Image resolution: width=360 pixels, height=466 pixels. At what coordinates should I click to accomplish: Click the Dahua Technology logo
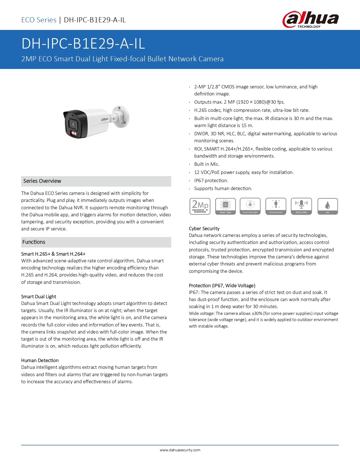click(x=310, y=19)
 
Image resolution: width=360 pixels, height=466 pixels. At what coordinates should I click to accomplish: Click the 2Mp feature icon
click(x=200, y=206)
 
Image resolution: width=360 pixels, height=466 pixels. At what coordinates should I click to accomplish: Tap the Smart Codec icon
click(x=225, y=206)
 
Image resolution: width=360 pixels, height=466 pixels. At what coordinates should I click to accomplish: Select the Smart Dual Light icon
click(x=250, y=206)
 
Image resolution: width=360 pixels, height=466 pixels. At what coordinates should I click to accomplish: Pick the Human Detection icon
click(x=276, y=206)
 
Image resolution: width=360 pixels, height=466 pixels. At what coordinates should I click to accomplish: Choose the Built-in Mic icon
click(x=301, y=206)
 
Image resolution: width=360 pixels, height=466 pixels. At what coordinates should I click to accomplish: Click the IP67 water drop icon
click(x=328, y=206)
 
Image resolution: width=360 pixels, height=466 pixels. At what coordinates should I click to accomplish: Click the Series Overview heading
click(x=42, y=181)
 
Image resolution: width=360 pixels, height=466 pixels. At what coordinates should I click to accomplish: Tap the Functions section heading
click(x=34, y=242)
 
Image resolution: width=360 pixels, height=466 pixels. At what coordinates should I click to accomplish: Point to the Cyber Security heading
click(x=204, y=228)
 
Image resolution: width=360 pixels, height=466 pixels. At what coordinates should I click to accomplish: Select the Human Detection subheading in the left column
click(x=40, y=360)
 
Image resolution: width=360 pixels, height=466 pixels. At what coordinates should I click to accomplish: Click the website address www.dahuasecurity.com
click(x=180, y=450)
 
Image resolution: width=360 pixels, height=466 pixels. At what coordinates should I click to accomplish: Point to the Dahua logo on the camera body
click(x=105, y=119)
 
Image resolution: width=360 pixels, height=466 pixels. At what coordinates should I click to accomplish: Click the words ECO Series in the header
click(x=39, y=20)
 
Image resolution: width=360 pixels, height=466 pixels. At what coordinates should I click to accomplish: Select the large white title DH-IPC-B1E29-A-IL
click(x=83, y=44)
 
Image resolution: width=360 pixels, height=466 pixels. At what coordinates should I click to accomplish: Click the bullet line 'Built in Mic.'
click(x=207, y=164)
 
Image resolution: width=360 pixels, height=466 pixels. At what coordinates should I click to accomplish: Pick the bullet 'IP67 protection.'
click(x=211, y=180)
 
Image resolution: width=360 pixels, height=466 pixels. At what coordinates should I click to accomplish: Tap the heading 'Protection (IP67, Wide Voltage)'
click(x=222, y=286)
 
